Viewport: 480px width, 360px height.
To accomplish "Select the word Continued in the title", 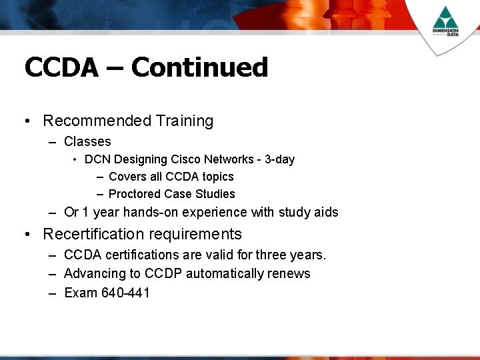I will coord(199,68).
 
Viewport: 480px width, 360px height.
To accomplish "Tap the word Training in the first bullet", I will coord(185,121).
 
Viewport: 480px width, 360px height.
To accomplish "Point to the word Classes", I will coord(87,141).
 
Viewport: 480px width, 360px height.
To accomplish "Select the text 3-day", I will coord(279,159).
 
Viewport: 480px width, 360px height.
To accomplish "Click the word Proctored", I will coord(135,194).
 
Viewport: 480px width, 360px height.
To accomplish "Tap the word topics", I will coord(217,177).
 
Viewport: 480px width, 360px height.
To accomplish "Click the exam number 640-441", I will coord(125,293).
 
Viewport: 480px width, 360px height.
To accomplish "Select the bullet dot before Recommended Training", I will coord(26,121).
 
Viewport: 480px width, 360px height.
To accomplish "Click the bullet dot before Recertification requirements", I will coord(26,235).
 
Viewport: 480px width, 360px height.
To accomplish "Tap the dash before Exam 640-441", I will coord(52,293).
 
